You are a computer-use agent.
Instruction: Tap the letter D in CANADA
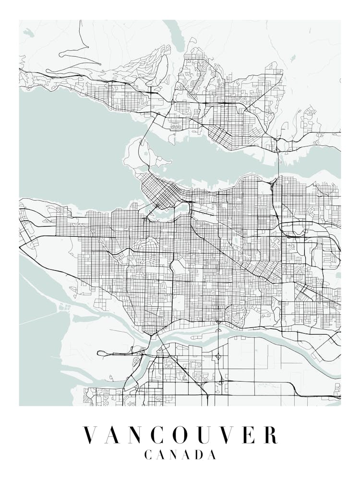[196, 455]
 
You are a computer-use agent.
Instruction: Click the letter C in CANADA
[148, 455]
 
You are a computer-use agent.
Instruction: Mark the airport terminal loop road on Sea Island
[103, 353]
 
